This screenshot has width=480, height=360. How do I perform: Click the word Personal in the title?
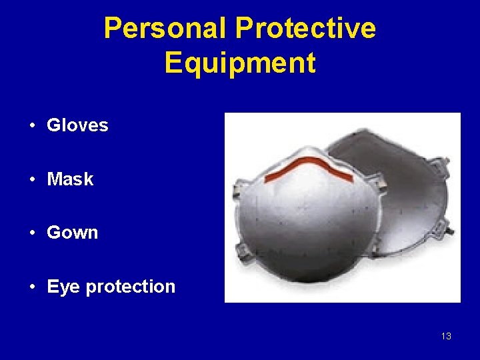pyautogui.click(x=166, y=29)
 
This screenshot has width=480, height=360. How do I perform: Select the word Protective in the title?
pyautogui.click(x=305, y=29)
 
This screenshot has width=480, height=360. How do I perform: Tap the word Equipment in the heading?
pyautogui.click(x=240, y=63)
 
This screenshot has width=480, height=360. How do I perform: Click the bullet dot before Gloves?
pyautogui.click(x=32, y=125)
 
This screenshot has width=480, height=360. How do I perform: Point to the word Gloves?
pyautogui.click(x=77, y=125)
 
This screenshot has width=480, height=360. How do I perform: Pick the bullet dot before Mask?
pyautogui.click(x=32, y=179)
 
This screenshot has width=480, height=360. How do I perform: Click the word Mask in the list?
pyautogui.click(x=70, y=179)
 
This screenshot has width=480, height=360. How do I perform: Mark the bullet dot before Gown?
pyautogui.click(x=32, y=233)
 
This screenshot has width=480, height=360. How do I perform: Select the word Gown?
pyautogui.click(x=73, y=233)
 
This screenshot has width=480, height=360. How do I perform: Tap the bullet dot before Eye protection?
pyautogui.click(x=32, y=287)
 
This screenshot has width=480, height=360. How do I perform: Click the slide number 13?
pyautogui.click(x=446, y=336)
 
